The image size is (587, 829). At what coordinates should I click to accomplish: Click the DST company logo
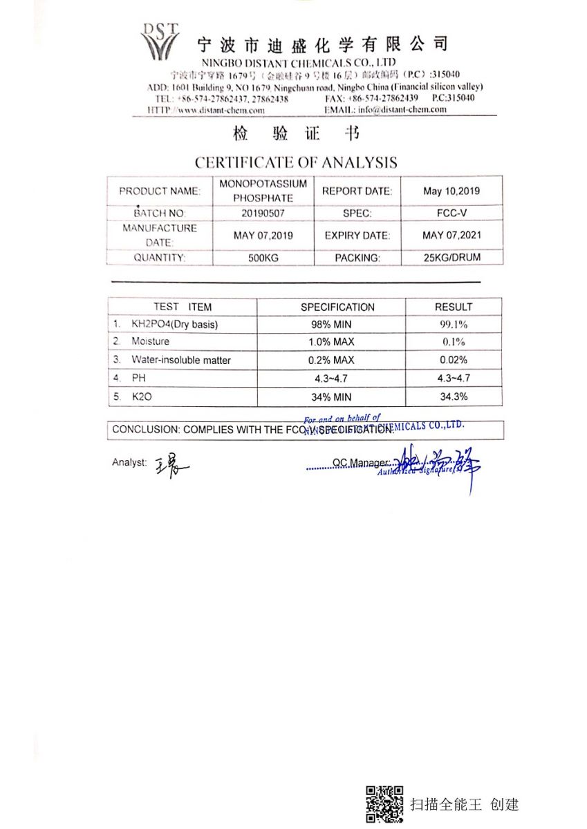click(x=160, y=41)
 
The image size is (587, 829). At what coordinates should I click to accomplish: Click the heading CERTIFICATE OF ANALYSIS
click(x=296, y=163)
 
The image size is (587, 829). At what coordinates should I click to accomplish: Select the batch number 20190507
click(x=263, y=214)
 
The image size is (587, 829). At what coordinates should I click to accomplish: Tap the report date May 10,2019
click(x=451, y=191)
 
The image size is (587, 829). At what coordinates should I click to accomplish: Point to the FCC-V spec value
click(x=451, y=214)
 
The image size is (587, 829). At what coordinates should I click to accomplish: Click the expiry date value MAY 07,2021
click(x=451, y=236)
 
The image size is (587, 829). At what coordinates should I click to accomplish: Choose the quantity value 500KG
click(x=263, y=258)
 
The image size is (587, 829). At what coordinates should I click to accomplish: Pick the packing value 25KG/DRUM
click(x=451, y=258)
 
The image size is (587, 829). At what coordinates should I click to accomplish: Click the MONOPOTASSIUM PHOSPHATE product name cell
click(x=263, y=191)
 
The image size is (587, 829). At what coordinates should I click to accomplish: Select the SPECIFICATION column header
click(x=337, y=307)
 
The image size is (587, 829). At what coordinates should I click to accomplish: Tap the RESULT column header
click(x=454, y=307)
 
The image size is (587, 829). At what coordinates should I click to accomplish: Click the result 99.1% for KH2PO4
click(x=454, y=324)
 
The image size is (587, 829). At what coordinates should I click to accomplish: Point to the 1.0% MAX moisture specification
click(x=331, y=342)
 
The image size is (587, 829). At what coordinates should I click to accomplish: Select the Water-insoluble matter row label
click(x=181, y=361)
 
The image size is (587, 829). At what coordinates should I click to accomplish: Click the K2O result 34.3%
click(x=454, y=397)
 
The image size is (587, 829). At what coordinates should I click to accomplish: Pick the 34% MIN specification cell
click(x=331, y=397)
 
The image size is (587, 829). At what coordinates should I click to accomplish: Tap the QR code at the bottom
click(x=384, y=804)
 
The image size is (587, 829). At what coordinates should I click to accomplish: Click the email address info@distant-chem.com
click(x=400, y=109)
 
